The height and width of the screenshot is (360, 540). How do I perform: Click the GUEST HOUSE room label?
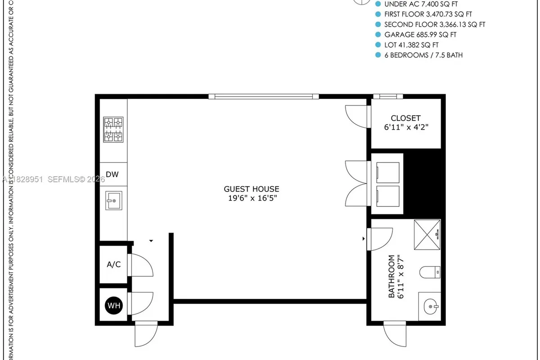252,189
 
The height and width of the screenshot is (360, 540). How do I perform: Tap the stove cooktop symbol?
113,130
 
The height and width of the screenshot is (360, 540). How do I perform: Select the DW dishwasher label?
112,175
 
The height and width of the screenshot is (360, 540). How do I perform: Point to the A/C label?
113,265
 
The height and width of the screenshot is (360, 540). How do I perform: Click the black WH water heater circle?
113,306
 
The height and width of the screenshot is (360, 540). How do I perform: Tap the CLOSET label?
405,118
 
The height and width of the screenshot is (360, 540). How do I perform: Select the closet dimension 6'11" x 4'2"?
405,127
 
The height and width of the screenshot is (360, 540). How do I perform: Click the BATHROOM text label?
391,276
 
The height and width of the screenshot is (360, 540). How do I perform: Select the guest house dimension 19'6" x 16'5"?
252,198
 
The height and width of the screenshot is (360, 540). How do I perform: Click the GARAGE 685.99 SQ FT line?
420,35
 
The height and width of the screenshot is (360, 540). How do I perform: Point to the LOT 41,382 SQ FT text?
411,45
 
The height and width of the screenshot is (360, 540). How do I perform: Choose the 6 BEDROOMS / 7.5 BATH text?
423,55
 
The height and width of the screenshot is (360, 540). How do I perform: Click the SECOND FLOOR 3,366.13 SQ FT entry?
434,24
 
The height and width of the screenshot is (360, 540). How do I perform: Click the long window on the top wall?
263,96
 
